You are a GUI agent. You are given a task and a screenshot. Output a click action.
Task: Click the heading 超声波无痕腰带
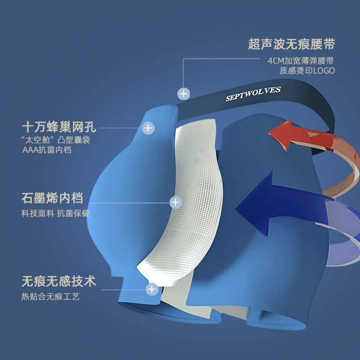pos(292,45)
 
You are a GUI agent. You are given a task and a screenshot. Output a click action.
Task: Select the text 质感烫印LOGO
pos(307,71)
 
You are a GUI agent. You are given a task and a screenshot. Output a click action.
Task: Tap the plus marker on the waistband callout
pos(183,94)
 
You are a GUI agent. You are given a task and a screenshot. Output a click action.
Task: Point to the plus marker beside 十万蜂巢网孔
pos(148,128)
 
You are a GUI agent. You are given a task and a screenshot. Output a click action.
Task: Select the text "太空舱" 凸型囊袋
pos(56,140)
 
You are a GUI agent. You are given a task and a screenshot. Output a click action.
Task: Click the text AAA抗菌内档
pos(47,150)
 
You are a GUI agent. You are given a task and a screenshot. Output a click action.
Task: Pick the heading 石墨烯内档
pos(52,198)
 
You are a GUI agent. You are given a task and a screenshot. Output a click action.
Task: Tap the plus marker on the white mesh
pos(175,202)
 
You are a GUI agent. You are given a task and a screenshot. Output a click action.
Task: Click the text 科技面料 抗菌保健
pos(55,213)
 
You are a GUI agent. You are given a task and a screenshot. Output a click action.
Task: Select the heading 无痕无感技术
pos(58,282)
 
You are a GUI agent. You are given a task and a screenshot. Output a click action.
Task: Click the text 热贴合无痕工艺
pos(50,297)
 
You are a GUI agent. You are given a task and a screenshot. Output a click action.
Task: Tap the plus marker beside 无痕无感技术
pos(152,288)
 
